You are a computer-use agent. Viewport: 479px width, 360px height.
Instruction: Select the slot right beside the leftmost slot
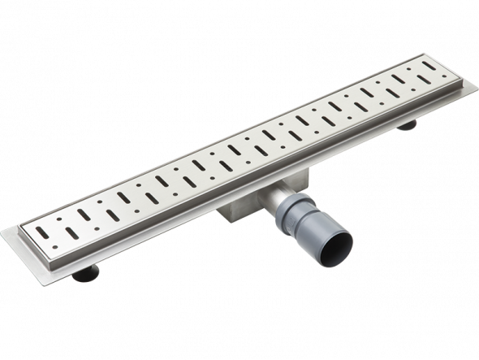click(x=74, y=232)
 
